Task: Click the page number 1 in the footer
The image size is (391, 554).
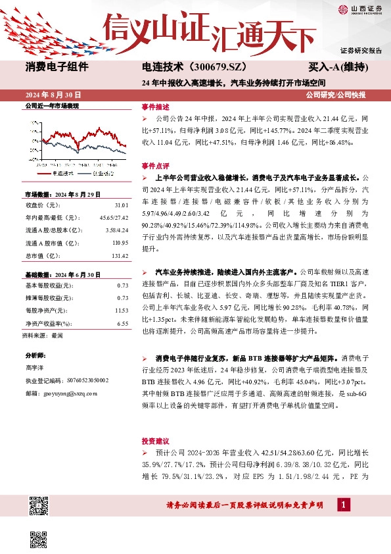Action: pos(342,505)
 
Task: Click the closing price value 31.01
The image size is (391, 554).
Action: pos(120,207)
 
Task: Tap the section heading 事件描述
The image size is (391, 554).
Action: pos(155,107)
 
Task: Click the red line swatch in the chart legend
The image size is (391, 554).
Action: pos(41,174)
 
